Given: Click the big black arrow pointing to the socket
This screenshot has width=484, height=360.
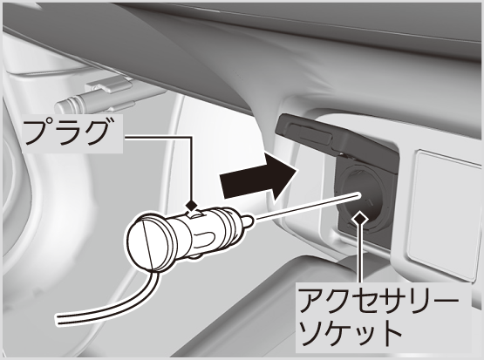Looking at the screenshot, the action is pyautogui.click(x=259, y=180).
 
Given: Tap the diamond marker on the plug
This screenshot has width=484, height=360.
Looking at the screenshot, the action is pyautogui.click(x=192, y=205).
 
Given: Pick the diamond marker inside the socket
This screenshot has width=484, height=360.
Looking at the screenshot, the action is pyautogui.click(x=359, y=218).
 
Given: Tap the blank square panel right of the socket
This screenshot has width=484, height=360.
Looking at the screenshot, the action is pyautogui.click(x=445, y=213).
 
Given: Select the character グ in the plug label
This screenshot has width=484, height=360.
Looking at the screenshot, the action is pyautogui.click(x=96, y=133).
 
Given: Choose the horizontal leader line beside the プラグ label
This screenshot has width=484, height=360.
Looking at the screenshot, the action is pyautogui.click(x=158, y=137).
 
